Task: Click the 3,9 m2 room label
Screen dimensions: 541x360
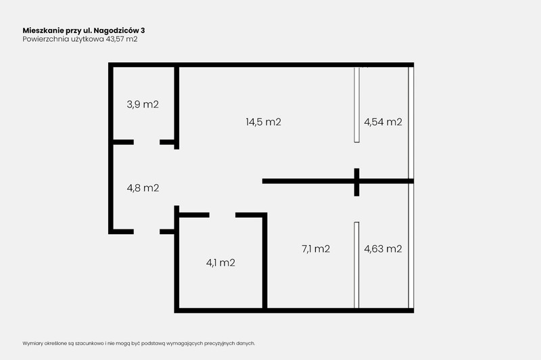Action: pyautogui.click(x=143, y=104)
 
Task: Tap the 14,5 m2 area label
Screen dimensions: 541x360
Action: pyautogui.click(x=263, y=122)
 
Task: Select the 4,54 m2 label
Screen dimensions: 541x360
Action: pyautogui.click(x=383, y=122)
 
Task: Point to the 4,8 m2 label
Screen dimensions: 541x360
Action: pyautogui.click(x=143, y=187)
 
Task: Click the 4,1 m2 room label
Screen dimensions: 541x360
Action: pyautogui.click(x=220, y=263)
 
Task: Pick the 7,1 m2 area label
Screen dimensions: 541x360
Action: pyautogui.click(x=316, y=248)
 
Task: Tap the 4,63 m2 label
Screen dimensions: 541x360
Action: pyautogui.click(x=383, y=248)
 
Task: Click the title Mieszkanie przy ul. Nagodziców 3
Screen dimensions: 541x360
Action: pyautogui.click(x=84, y=30)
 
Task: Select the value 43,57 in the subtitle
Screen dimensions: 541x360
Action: pyautogui.click(x=115, y=39)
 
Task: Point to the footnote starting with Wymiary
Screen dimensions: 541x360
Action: pyautogui.click(x=139, y=344)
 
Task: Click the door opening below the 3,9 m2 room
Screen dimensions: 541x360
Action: pyautogui.click(x=147, y=142)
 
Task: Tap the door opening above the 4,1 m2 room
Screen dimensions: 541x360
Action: pyautogui.click(x=222, y=215)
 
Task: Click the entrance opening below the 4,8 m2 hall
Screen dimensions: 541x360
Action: pyautogui.click(x=147, y=231)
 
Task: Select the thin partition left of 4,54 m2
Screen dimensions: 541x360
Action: pyautogui.click(x=357, y=105)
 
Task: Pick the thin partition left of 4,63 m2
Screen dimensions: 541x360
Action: pyautogui.click(x=356, y=265)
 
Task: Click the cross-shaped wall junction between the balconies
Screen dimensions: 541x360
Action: pyautogui.click(x=357, y=181)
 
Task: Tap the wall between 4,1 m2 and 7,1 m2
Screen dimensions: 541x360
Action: pyautogui.click(x=264, y=261)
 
